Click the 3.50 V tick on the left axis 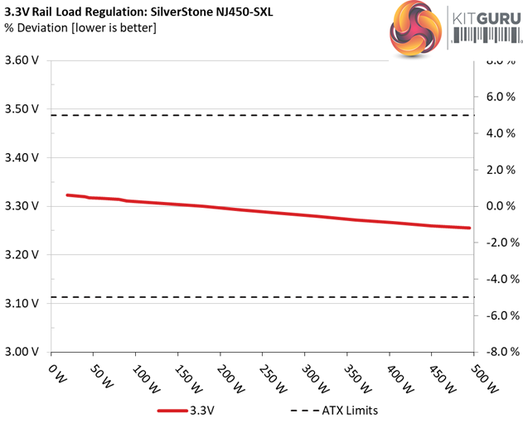22,108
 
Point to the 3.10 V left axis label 22,303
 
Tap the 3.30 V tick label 22,206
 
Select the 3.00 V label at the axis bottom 22,352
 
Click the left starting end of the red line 67,195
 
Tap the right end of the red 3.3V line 469,228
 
